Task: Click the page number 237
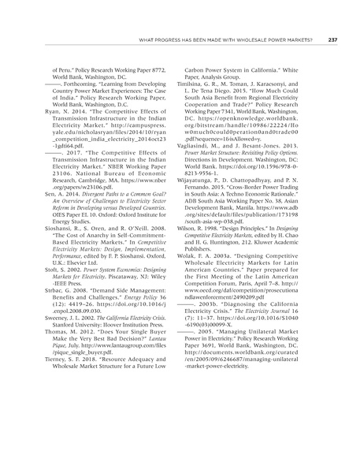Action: click(x=333, y=40)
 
